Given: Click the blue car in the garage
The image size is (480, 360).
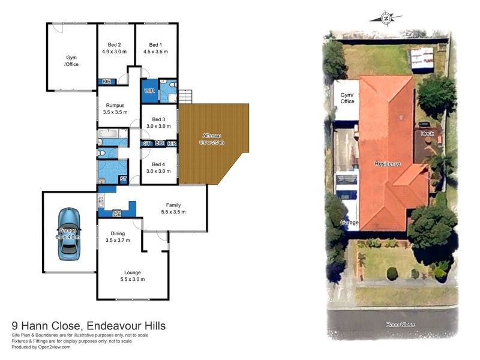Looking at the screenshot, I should [68, 234].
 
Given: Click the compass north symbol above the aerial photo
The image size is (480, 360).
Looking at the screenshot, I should [386, 18].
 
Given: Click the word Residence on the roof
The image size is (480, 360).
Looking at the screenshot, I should [388, 163].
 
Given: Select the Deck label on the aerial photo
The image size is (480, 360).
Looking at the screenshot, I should [427, 133].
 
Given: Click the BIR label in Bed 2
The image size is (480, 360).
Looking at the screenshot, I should [106, 82].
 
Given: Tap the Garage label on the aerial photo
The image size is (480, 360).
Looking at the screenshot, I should [349, 223].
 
